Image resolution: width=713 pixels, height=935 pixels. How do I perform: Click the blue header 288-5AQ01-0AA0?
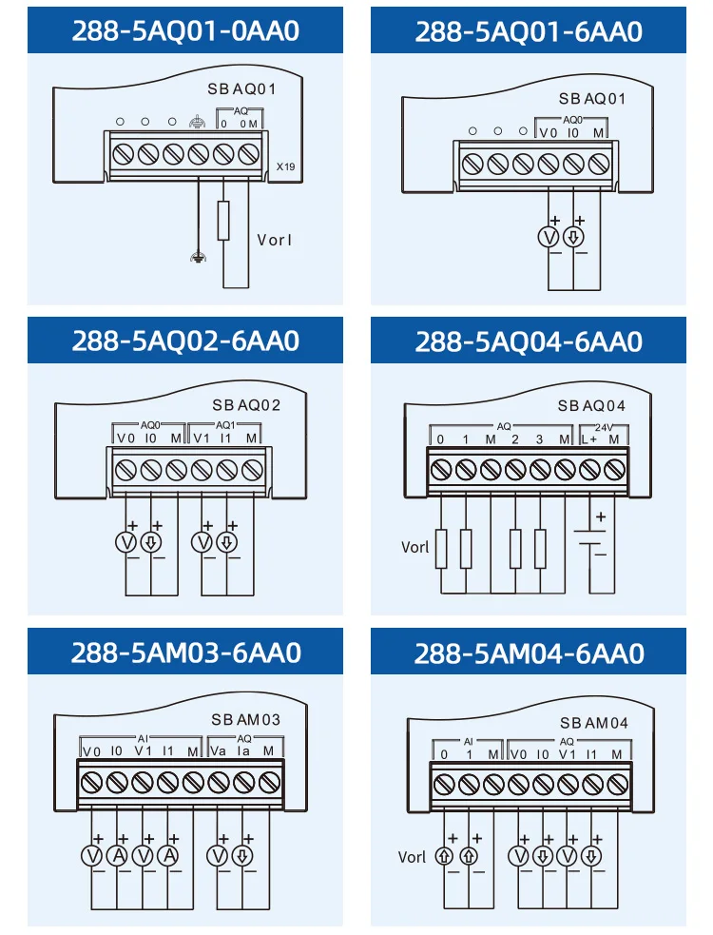pyautogui.click(x=185, y=30)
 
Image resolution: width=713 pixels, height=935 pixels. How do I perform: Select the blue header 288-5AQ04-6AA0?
pyautogui.click(x=529, y=341)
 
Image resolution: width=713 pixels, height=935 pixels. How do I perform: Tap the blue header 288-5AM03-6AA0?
pyautogui.click(x=185, y=653)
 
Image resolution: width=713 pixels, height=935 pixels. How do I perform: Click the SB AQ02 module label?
pyautogui.click(x=246, y=405)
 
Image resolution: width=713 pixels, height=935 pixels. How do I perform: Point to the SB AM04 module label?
pyautogui.click(x=594, y=723)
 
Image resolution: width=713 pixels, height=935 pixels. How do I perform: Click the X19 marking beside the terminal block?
pyautogui.click(x=285, y=166)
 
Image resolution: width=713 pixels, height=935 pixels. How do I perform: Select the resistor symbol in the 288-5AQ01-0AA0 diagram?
pyautogui.click(x=223, y=221)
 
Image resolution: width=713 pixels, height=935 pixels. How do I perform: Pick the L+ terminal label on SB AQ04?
pyautogui.click(x=590, y=439)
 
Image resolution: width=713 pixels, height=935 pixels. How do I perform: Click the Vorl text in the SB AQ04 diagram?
pyautogui.click(x=415, y=547)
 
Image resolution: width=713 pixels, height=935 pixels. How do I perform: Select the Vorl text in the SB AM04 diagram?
pyautogui.click(x=413, y=857)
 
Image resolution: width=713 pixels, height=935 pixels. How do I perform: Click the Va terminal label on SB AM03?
pyautogui.click(x=218, y=750)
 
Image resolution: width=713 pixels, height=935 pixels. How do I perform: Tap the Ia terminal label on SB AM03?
pyautogui.click(x=243, y=750)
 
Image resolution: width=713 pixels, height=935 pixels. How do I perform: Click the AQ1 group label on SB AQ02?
pyautogui.click(x=225, y=426)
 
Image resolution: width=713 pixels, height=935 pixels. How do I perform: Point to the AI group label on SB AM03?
pyautogui.click(x=143, y=738)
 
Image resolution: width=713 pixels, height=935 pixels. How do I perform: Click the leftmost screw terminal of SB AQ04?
pyautogui.click(x=440, y=468)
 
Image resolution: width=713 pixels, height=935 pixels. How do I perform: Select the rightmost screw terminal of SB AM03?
pyautogui.click(x=269, y=782)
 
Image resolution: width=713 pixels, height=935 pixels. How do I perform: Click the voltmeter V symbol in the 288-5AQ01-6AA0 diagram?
pyautogui.click(x=549, y=238)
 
